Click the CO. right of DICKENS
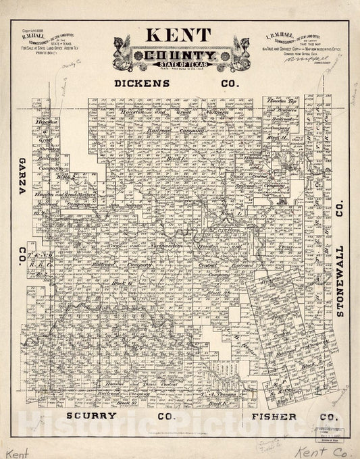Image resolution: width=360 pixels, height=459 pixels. point(230,84)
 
